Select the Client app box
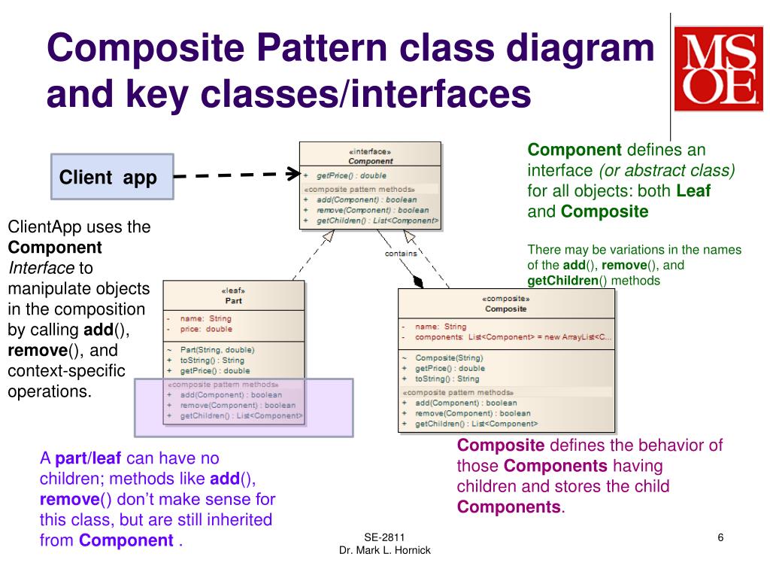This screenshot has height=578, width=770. pyautogui.click(x=112, y=178)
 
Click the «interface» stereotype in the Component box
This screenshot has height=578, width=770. pyautogui.click(x=370, y=151)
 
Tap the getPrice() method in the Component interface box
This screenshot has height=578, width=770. pyautogui.click(x=348, y=175)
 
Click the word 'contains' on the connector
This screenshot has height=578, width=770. pyautogui.click(x=401, y=254)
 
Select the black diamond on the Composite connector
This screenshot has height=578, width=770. pyautogui.click(x=417, y=282)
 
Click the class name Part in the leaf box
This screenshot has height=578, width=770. pyautogui.click(x=233, y=300)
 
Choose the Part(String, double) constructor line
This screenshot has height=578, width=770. pyautogui.click(x=217, y=349)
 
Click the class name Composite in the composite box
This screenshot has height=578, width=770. pyautogui.click(x=505, y=309)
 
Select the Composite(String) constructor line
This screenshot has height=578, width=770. pyautogui.click(x=449, y=357)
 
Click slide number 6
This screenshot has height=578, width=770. pyautogui.click(x=720, y=537)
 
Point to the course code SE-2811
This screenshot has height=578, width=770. pyautogui.click(x=384, y=537)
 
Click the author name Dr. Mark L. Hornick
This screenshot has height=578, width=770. pyautogui.click(x=384, y=550)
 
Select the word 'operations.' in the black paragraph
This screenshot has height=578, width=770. pyautogui.click(x=50, y=391)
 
